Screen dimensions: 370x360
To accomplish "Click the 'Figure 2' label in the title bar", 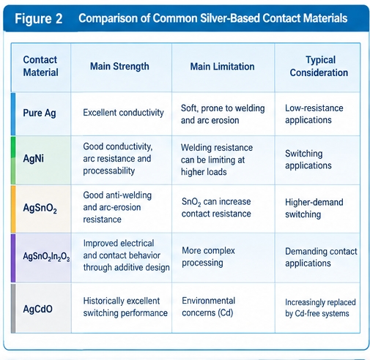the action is click(x=39, y=19).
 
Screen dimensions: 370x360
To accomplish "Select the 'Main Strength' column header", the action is click(x=119, y=67).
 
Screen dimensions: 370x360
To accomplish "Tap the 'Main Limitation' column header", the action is click(x=222, y=67).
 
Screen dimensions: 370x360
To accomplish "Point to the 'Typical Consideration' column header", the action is click(x=319, y=66).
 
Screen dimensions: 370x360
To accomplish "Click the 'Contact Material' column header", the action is click(x=40, y=66).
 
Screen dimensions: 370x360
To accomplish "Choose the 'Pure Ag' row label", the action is click(x=40, y=113).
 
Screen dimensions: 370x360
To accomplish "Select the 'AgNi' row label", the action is click(x=34, y=159).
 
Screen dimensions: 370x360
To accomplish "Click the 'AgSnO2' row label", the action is click(x=40, y=209).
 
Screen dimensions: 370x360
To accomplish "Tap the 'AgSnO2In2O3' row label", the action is click(x=46, y=257).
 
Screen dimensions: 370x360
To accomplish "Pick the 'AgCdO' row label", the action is click(x=37, y=309).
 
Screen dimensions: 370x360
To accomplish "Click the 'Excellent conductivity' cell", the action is click(x=123, y=113).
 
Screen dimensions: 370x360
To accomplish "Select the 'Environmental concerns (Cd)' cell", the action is click(x=208, y=307).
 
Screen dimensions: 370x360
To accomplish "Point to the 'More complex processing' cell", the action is click(x=208, y=257).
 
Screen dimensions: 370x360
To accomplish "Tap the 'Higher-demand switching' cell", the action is click(x=314, y=208).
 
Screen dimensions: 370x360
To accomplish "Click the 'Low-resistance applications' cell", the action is click(x=314, y=114).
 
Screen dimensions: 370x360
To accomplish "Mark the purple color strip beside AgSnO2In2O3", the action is click(x=13, y=258).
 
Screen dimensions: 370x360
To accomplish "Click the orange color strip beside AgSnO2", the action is click(x=13, y=209).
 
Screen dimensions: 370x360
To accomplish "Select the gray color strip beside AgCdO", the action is click(x=13, y=308).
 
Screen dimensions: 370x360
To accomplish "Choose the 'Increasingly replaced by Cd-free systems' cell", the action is click(x=320, y=308).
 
